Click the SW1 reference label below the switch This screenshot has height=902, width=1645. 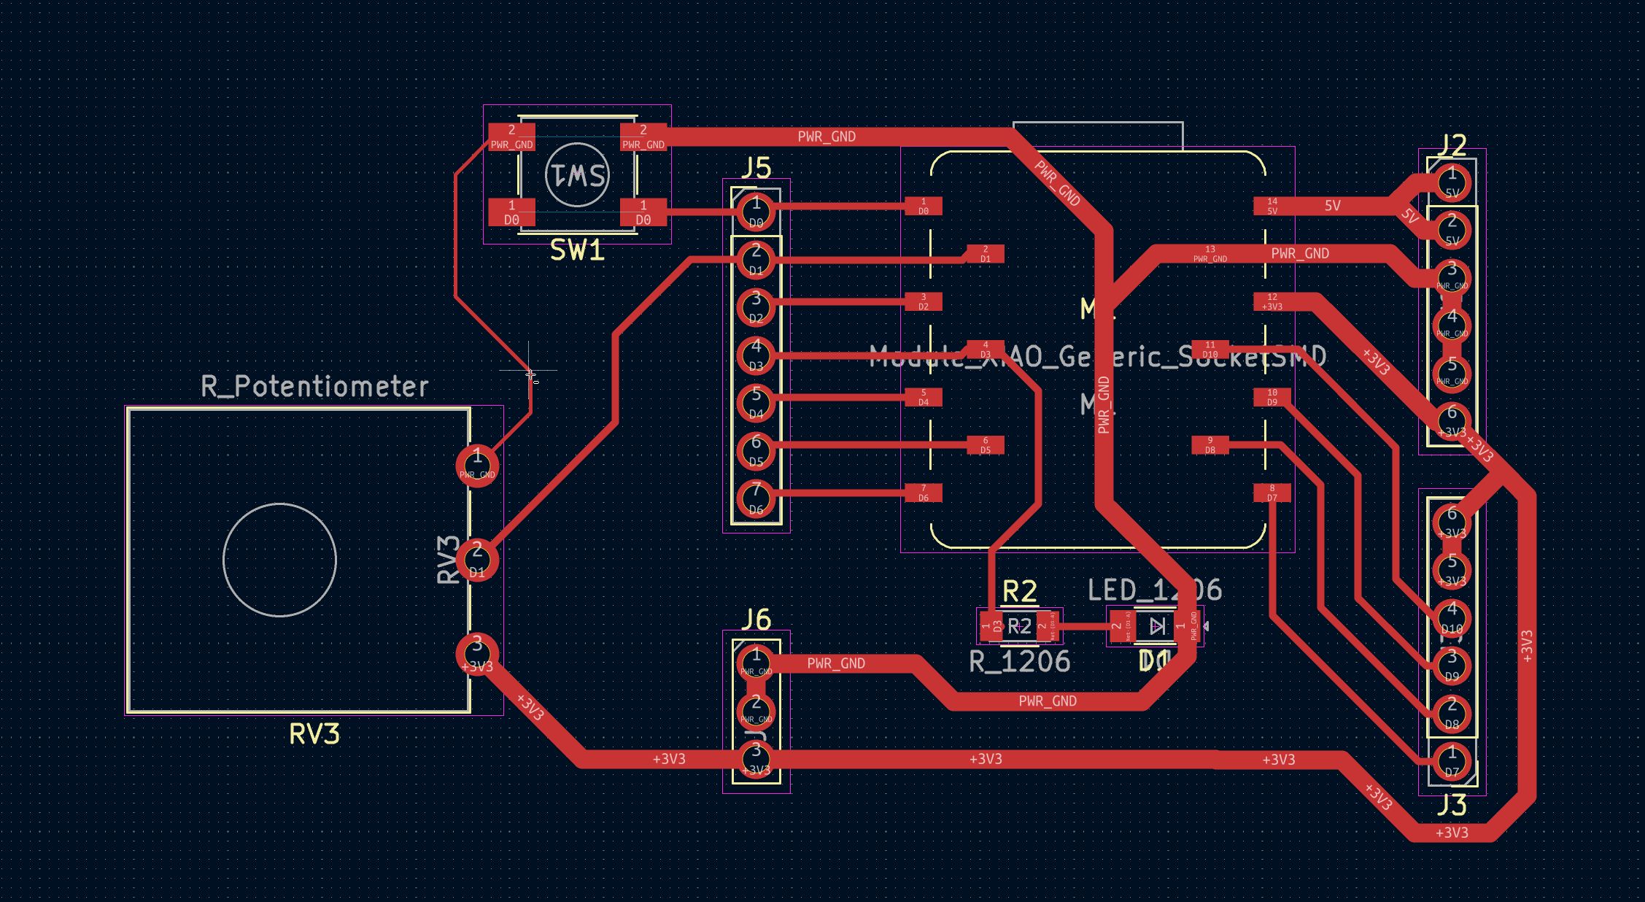(x=576, y=250)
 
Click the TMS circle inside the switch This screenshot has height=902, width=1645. (x=577, y=175)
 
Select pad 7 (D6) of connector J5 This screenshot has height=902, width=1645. (x=756, y=496)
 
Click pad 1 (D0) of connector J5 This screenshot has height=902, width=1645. (x=756, y=211)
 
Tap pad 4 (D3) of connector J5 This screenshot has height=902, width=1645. (x=756, y=354)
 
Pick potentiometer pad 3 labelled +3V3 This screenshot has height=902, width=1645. (x=477, y=655)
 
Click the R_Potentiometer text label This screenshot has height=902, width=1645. (x=314, y=386)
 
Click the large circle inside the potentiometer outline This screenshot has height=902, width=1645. (x=279, y=560)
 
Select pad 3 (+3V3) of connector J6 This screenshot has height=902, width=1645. (x=756, y=759)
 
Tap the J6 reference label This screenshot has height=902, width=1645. (x=756, y=620)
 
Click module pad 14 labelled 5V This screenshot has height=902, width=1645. (x=1272, y=206)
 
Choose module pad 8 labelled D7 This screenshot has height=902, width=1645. (x=1272, y=493)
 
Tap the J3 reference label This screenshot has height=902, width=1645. (x=1452, y=806)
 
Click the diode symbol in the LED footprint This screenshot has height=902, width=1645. (x=1156, y=626)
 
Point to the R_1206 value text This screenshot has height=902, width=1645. (x=1019, y=662)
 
